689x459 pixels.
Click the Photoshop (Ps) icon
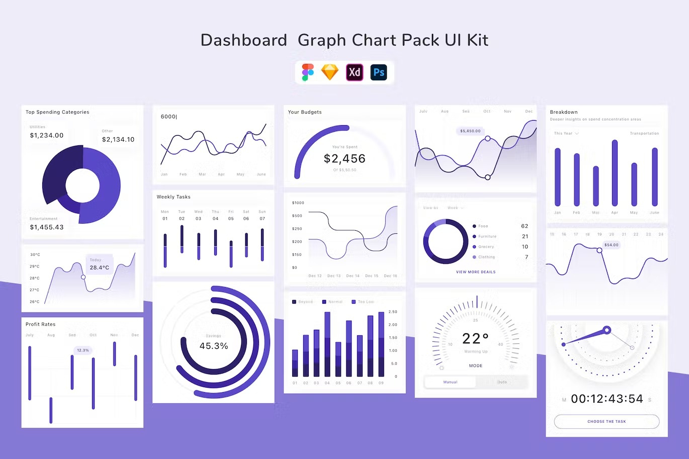tap(379, 72)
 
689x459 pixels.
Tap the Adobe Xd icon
tap(355, 72)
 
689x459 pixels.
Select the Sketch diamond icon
tap(330, 72)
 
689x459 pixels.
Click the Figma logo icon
tap(307, 72)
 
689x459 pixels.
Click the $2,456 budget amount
tap(344, 159)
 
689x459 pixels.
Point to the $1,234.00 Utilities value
tap(47, 135)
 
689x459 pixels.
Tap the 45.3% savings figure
tap(214, 346)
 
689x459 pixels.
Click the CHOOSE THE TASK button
tap(607, 421)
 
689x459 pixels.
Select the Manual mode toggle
tap(450, 382)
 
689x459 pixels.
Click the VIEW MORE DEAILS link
tap(476, 272)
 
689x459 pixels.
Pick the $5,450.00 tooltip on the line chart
tap(470, 131)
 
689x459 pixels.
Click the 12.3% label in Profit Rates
tap(83, 350)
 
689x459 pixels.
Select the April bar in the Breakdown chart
tap(615, 173)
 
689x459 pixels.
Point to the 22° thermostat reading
tap(475, 338)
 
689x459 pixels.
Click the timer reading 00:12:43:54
tap(607, 399)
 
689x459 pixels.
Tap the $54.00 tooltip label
tap(612, 245)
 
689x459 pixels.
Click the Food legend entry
tap(483, 226)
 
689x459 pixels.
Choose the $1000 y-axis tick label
tap(298, 203)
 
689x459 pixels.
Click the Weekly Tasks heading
tap(174, 197)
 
